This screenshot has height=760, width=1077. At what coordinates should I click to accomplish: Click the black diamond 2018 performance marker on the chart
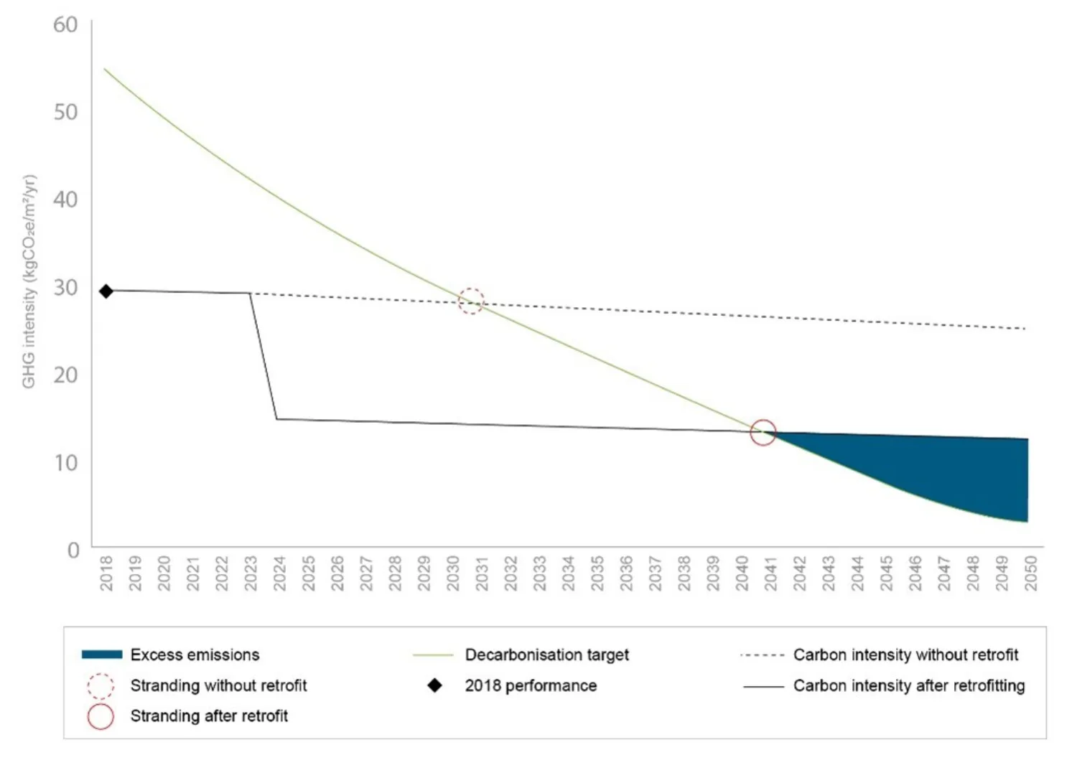pyautogui.click(x=106, y=291)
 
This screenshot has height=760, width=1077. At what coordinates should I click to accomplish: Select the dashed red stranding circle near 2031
pyautogui.click(x=471, y=301)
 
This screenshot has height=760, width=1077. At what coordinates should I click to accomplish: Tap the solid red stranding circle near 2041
pyautogui.click(x=763, y=432)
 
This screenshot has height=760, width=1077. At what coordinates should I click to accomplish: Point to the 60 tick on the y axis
pyautogui.click(x=65, y=25)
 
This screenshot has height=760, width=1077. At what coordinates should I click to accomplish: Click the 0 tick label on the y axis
pyautogui.click(x=73, y=550)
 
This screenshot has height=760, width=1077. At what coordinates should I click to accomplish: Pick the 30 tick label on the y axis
pyautogui.click(x=65, y=288)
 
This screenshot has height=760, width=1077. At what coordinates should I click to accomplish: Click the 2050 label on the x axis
pyautogui.click(x=1030, y=573)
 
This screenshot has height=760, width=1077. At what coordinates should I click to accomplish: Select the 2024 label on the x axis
pyautogui.click(x=279, y=573)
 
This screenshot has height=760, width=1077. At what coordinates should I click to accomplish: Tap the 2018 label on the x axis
pyautogui.click(x=106, y=573)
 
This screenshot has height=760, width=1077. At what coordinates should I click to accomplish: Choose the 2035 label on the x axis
pyautogui.click(x=597, y=573)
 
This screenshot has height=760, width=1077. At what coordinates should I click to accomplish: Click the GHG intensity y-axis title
pyautogui.click(x=29, y=281)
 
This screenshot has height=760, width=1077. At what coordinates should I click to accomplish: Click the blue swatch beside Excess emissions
pyautogui.click(x=101, y=655)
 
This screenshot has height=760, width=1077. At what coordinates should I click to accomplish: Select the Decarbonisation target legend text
pyautogui.click(x=546, y=655)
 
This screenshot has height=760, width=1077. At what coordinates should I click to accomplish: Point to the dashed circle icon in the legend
pyautogui.click(x=101, y=686)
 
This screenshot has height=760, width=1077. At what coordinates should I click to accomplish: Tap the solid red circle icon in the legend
pyautogui.click(x=101, y=716)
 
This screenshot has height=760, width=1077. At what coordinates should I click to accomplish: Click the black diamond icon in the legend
pyautogui.click(x=434, y=685)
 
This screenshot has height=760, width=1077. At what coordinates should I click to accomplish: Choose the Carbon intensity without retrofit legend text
pyautogui.click(x=905, y=655)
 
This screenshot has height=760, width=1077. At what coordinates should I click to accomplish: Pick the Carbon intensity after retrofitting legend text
pyautogui.click(x=909, y=685)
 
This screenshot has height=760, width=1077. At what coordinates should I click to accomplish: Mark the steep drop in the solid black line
pyautogui.click(x=264, y=356)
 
